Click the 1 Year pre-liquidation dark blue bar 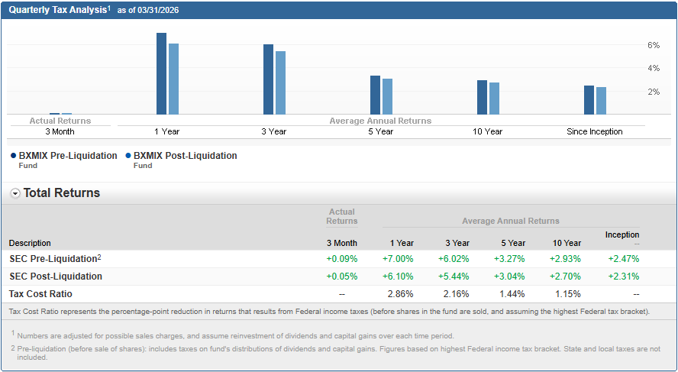tap(161, 73)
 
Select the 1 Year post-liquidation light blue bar tap(173, 79)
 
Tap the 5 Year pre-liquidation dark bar tap(375, 95)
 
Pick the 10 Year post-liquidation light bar tap(494, 99)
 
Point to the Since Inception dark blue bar tap(589, 99)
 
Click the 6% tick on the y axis tap(654, 45)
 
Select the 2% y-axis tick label tap(654, 92)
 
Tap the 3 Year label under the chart tap(273, 131)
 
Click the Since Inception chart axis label tap(594, 131)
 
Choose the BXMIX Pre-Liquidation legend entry tap(69, 156)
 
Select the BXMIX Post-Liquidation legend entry tap(185, 156)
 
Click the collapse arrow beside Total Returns tap(15, 193)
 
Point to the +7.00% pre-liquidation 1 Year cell tap(398, 258)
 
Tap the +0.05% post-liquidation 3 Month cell tap(341, 276)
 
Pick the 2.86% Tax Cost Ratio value tap(401, 293)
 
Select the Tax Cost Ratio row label tap(40, 293)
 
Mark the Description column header tap(30, 243)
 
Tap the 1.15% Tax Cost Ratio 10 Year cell tap(568, 293)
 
